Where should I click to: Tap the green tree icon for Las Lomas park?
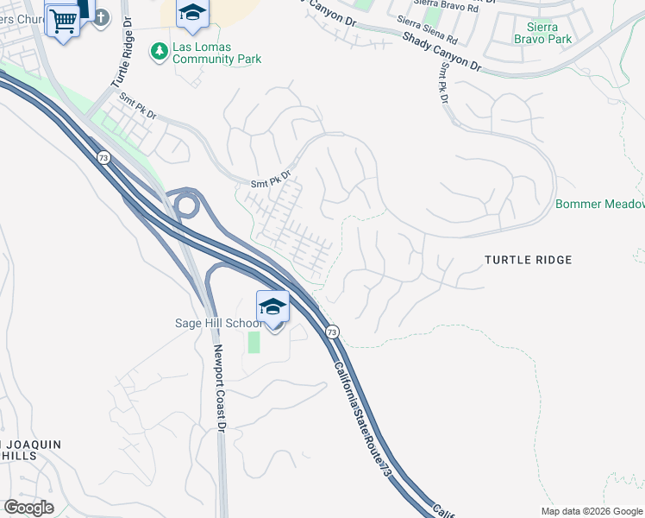click(159, 52)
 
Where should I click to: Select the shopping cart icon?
click(63, 21)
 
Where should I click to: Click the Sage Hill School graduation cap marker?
click(272, 308)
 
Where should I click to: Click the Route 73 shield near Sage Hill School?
click(332, 332)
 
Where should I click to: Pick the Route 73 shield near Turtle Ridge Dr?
click(103, 157)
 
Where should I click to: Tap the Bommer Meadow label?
click(600, 204)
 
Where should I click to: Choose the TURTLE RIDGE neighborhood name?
click(528, 259)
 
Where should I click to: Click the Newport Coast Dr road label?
click(220, 388)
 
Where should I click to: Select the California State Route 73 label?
click(360, 413)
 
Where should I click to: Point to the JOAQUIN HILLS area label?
click(31, 450)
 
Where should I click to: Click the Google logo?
click(28, 507)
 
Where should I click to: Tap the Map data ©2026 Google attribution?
click(592, 511)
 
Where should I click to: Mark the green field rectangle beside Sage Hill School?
click(254, 342)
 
